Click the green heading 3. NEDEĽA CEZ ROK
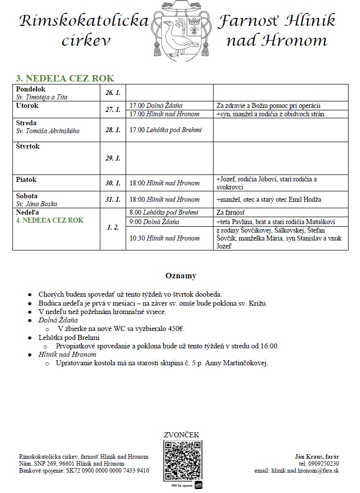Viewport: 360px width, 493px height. pos(65,78)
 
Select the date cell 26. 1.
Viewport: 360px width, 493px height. pos(113,93)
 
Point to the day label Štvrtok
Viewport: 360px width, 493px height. pos(28,147)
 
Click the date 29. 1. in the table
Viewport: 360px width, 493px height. pos(113,158)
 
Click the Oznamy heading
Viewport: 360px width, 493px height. pos(180,276)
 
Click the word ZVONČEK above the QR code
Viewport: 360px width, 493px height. pos(181,435)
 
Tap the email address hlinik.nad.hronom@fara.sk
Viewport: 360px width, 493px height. pos(297,470)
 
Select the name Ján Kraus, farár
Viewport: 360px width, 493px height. pos(317,456)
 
